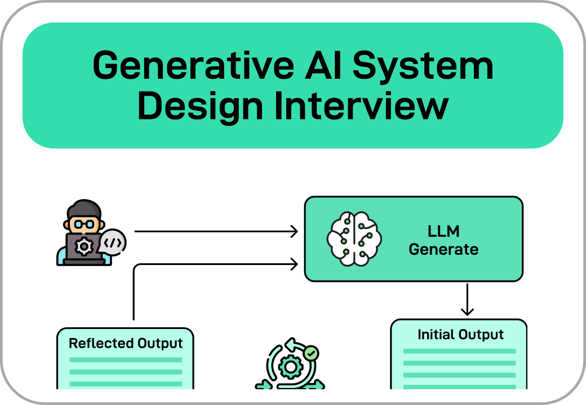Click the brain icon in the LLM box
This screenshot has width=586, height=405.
354,238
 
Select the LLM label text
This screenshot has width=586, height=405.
443,231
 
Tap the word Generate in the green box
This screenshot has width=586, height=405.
443,249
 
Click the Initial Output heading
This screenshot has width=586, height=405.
460,335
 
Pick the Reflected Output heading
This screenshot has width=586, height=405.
126,343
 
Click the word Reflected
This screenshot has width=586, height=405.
101,343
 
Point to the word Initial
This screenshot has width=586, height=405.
436,335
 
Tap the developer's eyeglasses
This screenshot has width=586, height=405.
83,223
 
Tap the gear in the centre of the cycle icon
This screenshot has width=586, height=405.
290,367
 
